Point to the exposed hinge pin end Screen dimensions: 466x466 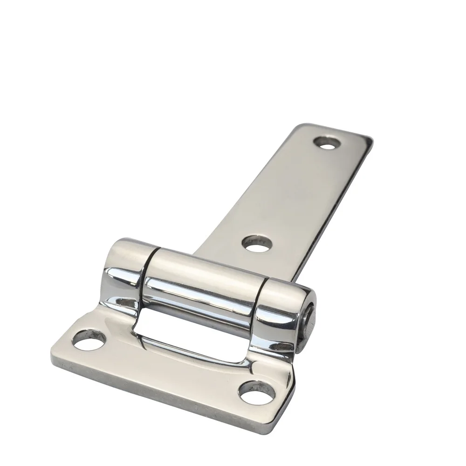click(308, 322)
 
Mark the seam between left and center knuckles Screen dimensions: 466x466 click(148, 275)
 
